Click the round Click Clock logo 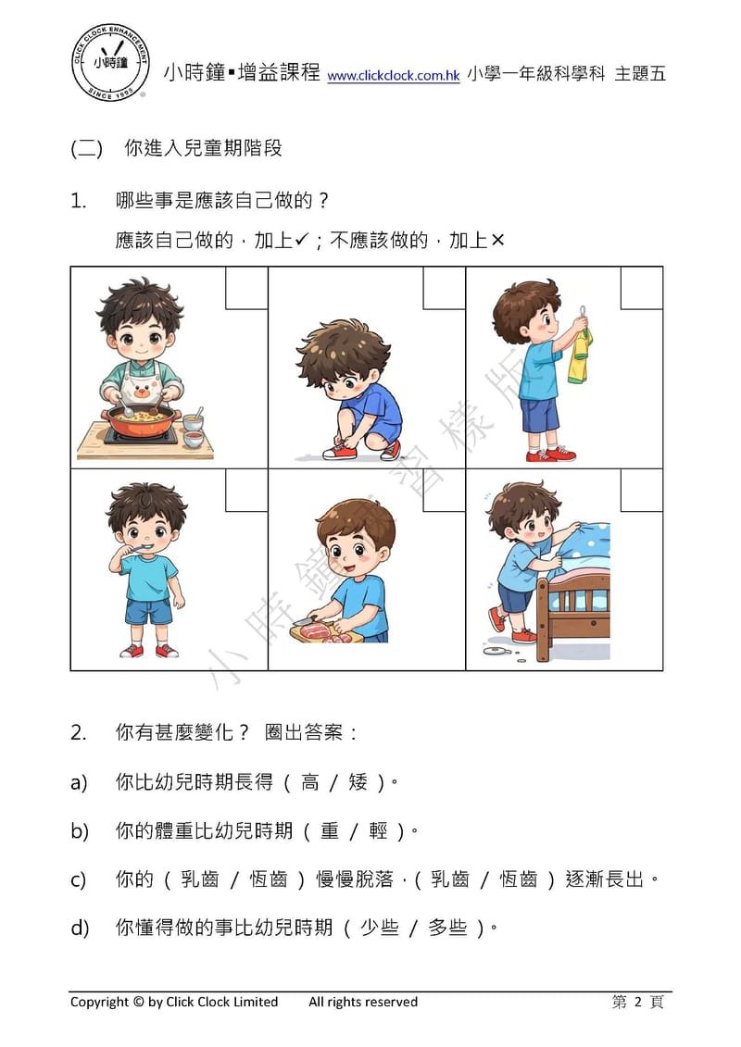[110, 61]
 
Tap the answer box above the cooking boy [246, 288]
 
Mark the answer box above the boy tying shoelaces [444, 288]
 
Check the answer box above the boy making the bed [641, 490]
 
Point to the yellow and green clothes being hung [581, 356]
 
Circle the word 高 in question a [310, 783]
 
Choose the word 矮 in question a [358, 783]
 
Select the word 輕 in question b [378, 831]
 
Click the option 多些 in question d [447, 928]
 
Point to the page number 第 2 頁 [637, 1002]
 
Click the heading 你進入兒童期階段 [203, 149]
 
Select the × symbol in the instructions [497, 241]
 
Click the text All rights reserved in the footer [363, 1002]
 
